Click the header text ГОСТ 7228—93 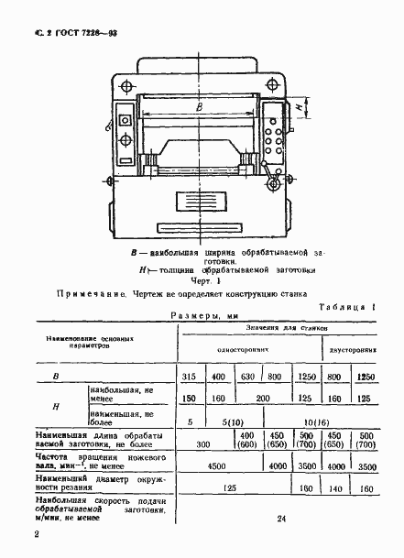click(82, 31)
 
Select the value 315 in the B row click(190, 377)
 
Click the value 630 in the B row click(246, 377)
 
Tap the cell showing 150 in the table click(190, 399)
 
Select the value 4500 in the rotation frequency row click(217, 465)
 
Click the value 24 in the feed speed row click(280, 519)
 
